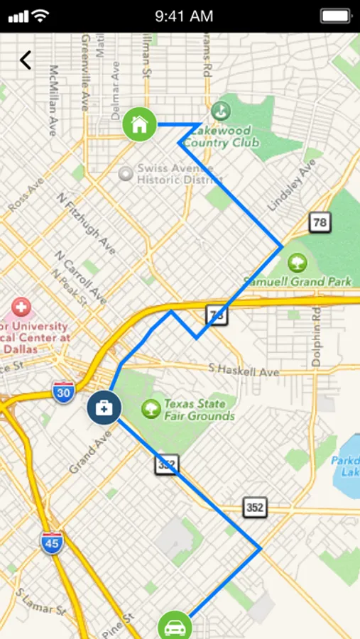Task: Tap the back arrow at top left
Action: point(26,60)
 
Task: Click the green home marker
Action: point(139,124)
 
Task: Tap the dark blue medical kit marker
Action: point(104,408)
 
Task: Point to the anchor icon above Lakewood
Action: point(221,111)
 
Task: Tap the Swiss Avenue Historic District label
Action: point(175,174)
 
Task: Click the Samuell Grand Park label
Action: point(298,281)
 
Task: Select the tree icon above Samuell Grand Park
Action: point(298,263)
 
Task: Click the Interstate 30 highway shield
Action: point(63,392)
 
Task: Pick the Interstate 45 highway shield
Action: point(52,543)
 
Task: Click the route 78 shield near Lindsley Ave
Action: point(320,222)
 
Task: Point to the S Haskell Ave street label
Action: point(244,370)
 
